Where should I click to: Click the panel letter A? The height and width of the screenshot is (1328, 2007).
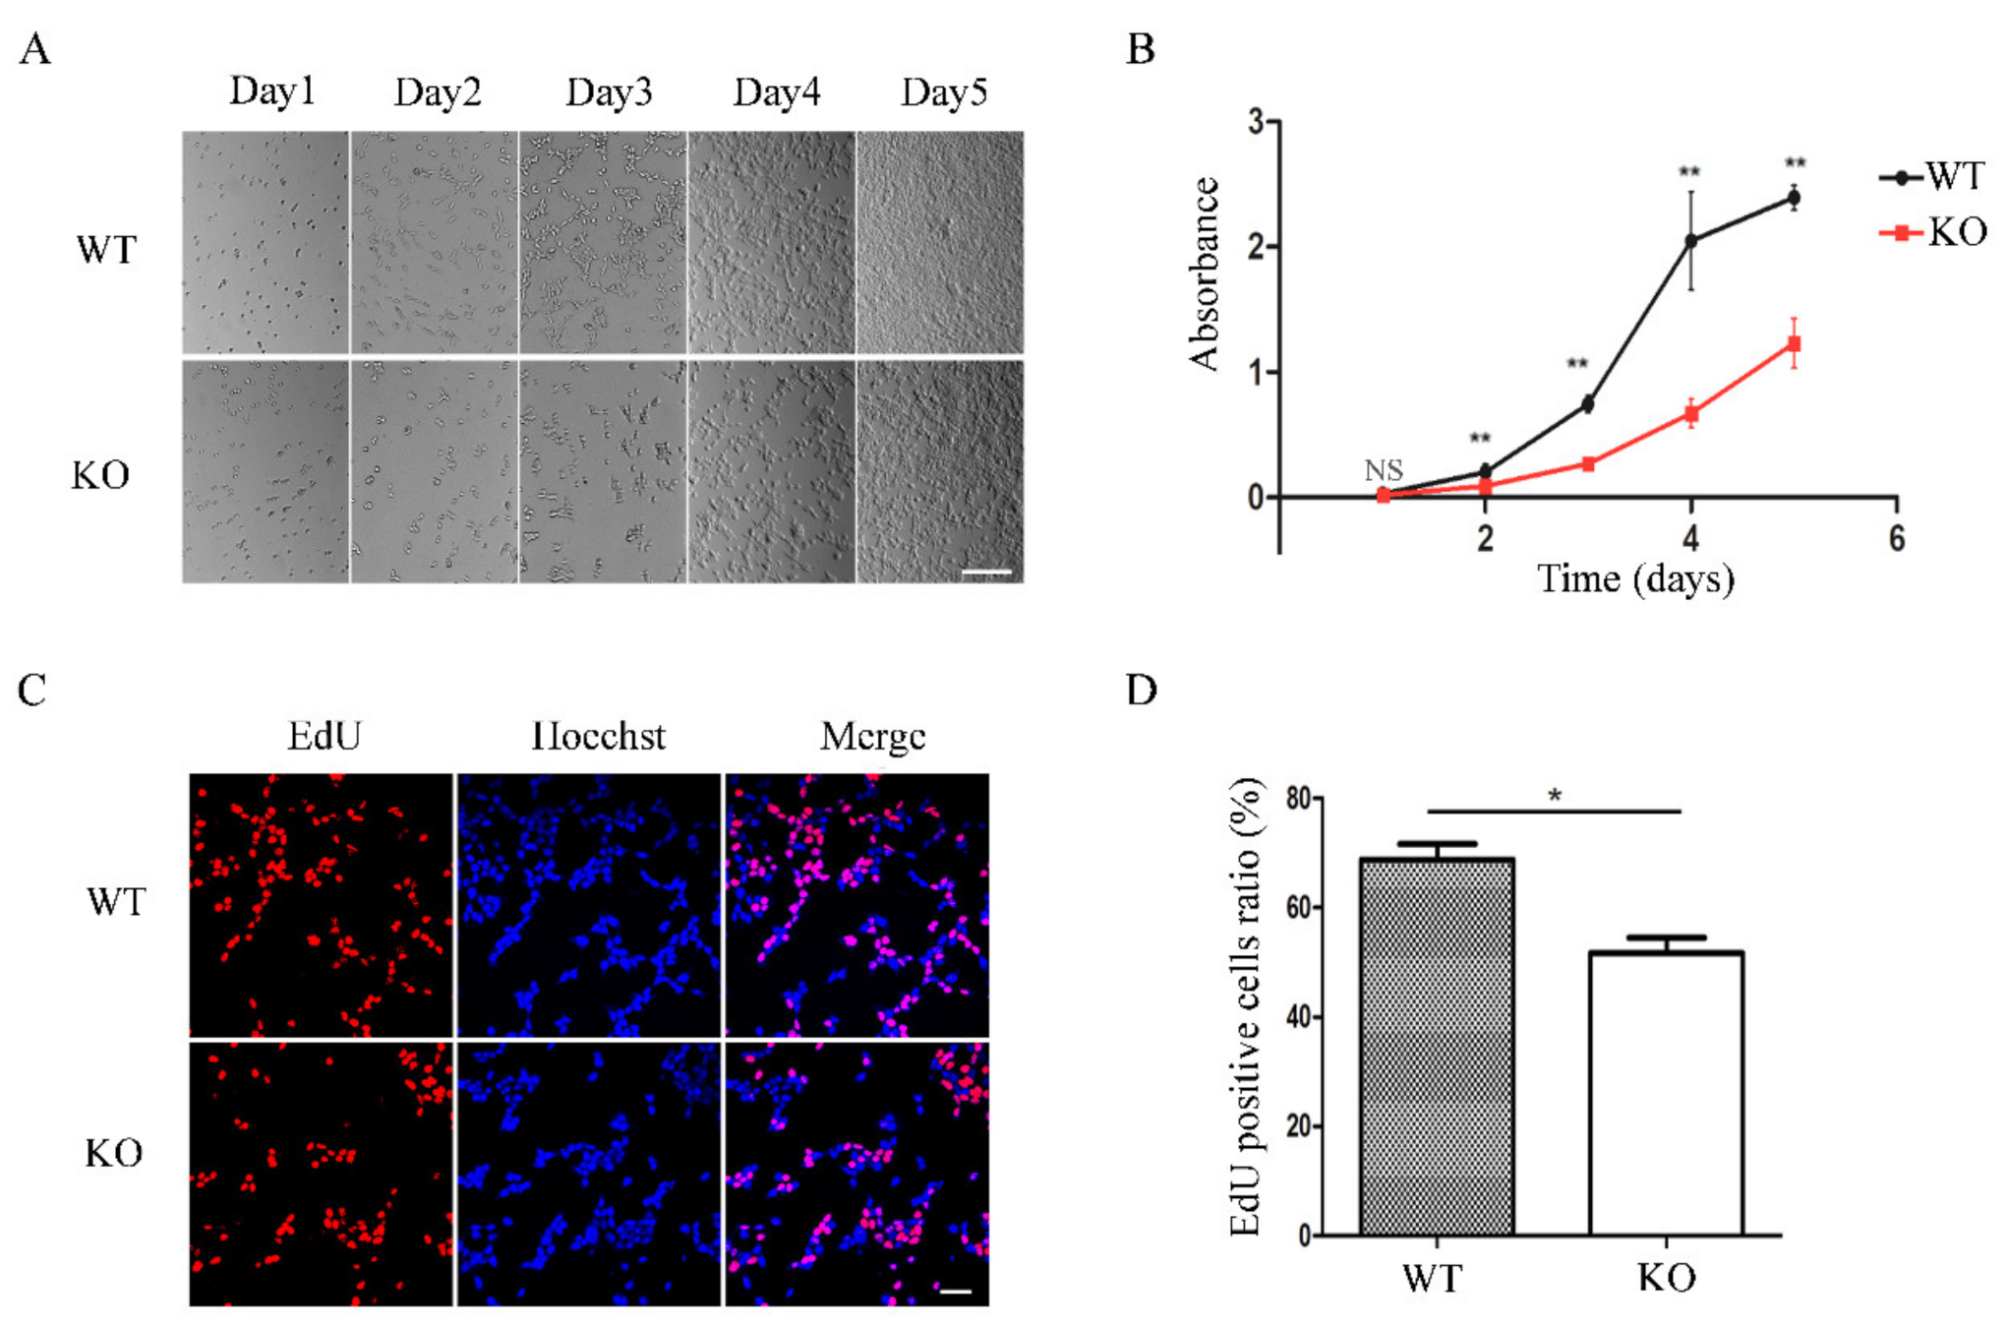point(35,49)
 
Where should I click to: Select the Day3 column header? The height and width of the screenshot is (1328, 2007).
point(609,92)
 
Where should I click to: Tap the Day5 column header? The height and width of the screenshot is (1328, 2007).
point(943,92)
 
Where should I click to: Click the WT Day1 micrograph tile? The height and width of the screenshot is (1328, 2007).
point(266,242)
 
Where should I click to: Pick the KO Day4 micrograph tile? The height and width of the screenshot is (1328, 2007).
point(771,471)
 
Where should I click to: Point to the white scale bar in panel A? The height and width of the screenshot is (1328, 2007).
point(986,572)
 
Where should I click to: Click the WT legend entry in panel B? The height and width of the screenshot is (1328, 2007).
point(1931,177)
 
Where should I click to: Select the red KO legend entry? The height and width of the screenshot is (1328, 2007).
point(1931,233)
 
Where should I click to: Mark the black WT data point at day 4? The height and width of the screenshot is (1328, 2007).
point(1690,241)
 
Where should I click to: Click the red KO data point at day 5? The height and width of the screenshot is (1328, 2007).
point(1794,344)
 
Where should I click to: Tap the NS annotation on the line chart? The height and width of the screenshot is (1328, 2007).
point(1383,470)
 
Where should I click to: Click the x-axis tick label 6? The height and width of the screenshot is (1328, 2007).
point(1896,538)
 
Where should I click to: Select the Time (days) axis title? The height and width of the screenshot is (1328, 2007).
point(1635,579)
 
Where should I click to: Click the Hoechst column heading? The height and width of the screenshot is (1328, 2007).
point(598,736)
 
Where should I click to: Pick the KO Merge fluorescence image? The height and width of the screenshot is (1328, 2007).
point(856,1174)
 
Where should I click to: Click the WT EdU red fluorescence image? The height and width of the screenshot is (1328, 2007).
point(322,904)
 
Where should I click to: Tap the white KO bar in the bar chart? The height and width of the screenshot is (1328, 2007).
point(1666,1093)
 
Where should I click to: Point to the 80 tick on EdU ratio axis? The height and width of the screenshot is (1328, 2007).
point(1298,798)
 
